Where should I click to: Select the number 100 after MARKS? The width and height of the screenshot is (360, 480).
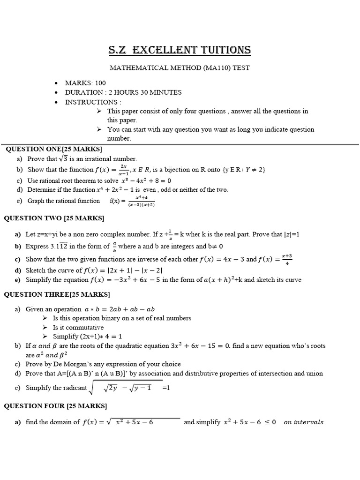tap(101, 83)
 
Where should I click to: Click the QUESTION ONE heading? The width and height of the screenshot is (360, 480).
tap(53, 149)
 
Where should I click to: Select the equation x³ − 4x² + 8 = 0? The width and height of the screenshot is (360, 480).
tap(146, 180)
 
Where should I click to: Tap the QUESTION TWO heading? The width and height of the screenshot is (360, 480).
tap(54, 218)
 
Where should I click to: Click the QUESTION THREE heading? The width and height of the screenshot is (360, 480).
tap(57, 294)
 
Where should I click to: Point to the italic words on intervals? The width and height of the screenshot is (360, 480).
tap(303, 422)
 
